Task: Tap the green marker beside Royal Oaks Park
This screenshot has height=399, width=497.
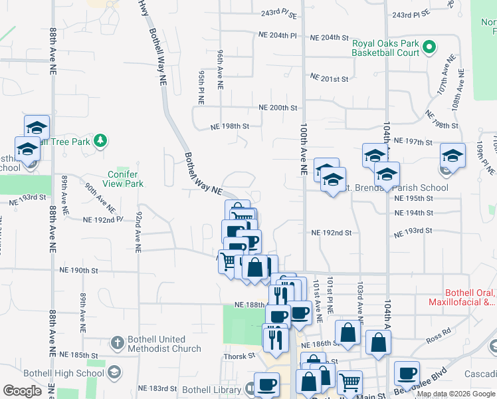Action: (x=429, y=47)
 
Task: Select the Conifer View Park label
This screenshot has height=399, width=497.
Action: (x=126, y=179)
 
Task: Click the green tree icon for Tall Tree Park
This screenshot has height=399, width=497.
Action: (x=100, y=140)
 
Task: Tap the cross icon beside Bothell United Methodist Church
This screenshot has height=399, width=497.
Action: (x=117, y=343)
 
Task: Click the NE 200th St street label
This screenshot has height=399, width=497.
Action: (x=278, y=108)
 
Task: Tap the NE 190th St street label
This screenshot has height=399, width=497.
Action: (x=79, y=271)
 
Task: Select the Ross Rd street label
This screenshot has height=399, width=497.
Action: (x=439, y=337)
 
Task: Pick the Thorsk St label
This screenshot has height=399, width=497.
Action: (x=240, y=356)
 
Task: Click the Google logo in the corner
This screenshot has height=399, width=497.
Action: (x=23, y=392)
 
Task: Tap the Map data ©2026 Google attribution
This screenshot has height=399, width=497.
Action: (x=455, y=394)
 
